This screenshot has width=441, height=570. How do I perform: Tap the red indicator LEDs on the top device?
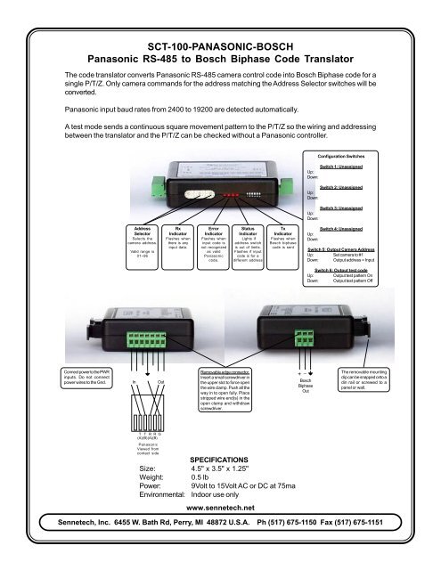(x=230, y=191)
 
